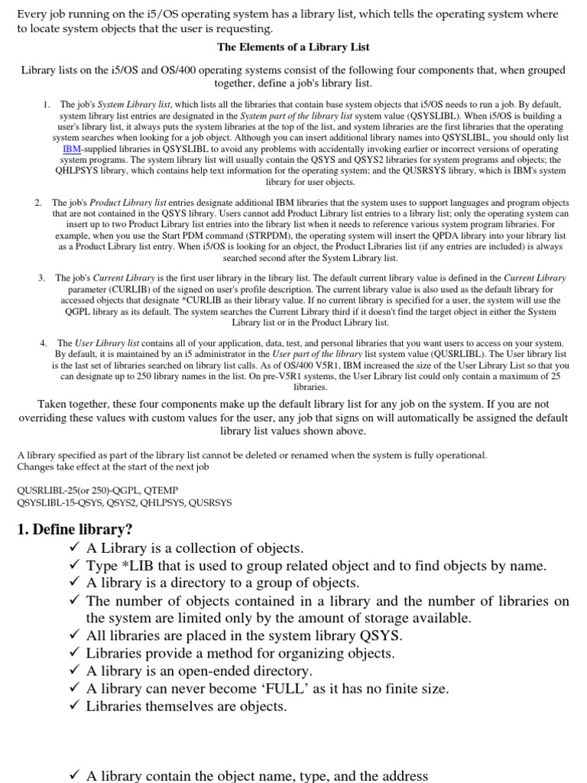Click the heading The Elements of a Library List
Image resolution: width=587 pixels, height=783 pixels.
click(293, 47)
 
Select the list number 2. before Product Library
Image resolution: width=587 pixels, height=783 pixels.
click(38, 203)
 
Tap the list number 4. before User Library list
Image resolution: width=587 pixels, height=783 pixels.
click(44, 343)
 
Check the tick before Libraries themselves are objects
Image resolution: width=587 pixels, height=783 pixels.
click(74, 707)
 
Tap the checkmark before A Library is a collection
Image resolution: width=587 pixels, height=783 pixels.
click(74, 548)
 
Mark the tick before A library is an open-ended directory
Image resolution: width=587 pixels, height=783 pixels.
click(74, 671)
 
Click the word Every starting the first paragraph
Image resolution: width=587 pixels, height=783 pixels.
click(32, 15)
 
